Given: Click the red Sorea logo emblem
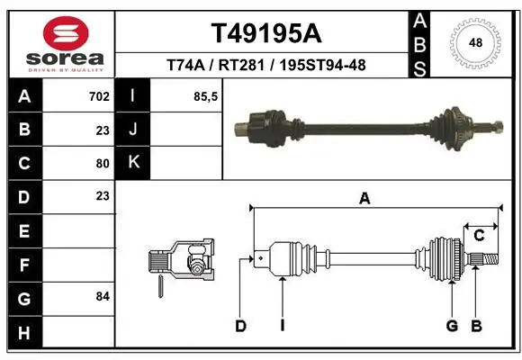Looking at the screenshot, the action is point(66,33).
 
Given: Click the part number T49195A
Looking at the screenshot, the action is point(266,33).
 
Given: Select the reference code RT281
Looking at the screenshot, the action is point(241,65).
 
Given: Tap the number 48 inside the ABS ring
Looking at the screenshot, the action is point(475,42).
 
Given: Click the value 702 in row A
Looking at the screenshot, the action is point(99,96).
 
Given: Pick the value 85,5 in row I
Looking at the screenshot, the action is point(205,97).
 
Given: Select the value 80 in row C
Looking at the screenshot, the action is point(103,164).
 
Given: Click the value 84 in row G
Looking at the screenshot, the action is point(103,296).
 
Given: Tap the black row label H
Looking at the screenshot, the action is point(24,332).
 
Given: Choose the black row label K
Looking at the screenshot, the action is point(133,163).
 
